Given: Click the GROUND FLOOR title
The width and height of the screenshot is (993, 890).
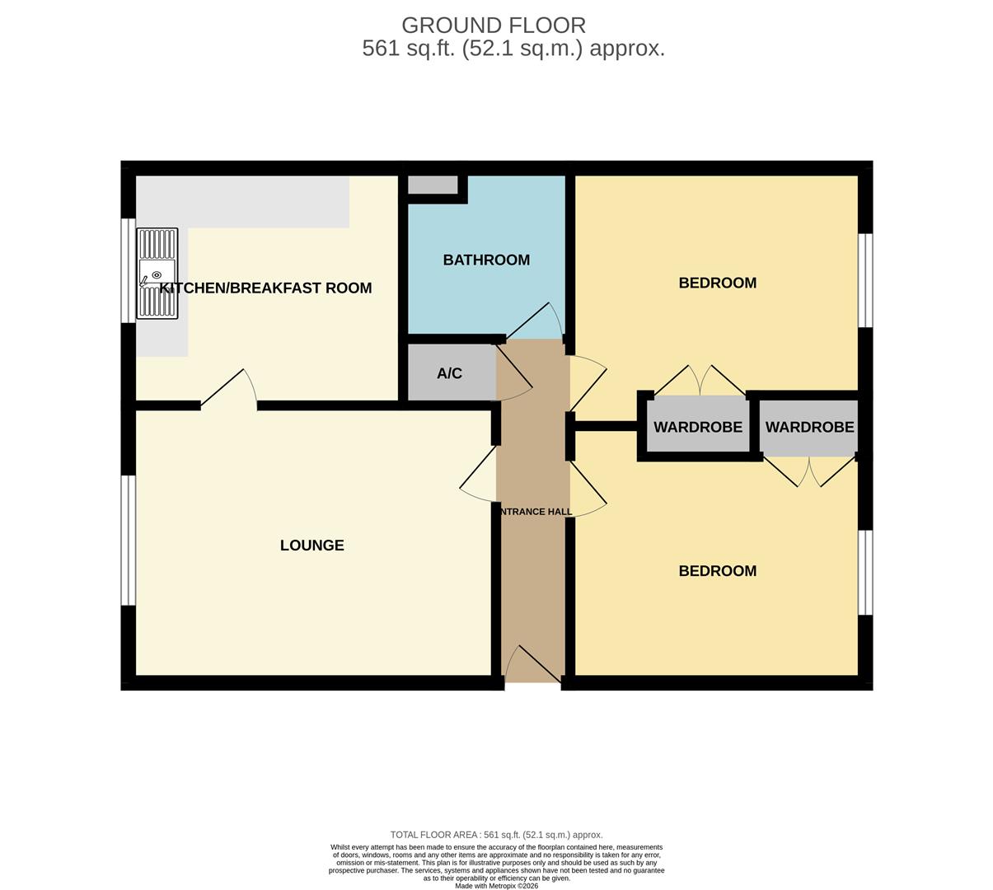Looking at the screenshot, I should coord(494,26).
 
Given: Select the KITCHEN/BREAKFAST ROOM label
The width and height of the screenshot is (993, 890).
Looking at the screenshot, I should coord(265,288).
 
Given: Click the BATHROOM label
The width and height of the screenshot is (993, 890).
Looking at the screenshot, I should coord(486,260).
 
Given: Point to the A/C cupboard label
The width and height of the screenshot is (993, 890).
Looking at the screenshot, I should coord(449,373).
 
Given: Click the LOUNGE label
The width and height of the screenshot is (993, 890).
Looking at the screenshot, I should coord(311,545).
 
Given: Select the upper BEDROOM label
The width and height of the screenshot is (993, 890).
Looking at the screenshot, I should coord(717,283).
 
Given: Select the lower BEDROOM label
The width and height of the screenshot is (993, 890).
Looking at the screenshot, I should coord(717,570).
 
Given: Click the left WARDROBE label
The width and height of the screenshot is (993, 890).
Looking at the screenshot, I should coord(698,427).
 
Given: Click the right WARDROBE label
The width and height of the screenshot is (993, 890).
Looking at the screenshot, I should coord(809,427).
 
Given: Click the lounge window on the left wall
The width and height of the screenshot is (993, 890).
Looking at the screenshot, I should coord(128,540).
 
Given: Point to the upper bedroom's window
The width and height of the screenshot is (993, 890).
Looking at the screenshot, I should coord(865,280).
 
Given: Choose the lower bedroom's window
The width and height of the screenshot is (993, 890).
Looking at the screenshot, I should coord(865,572).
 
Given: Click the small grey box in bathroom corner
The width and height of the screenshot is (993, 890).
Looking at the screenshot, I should coord(433,185).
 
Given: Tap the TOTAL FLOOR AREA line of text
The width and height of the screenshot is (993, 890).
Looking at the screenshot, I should coord(496,835).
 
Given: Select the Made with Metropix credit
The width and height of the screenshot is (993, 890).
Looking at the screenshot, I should coord(496,886).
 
